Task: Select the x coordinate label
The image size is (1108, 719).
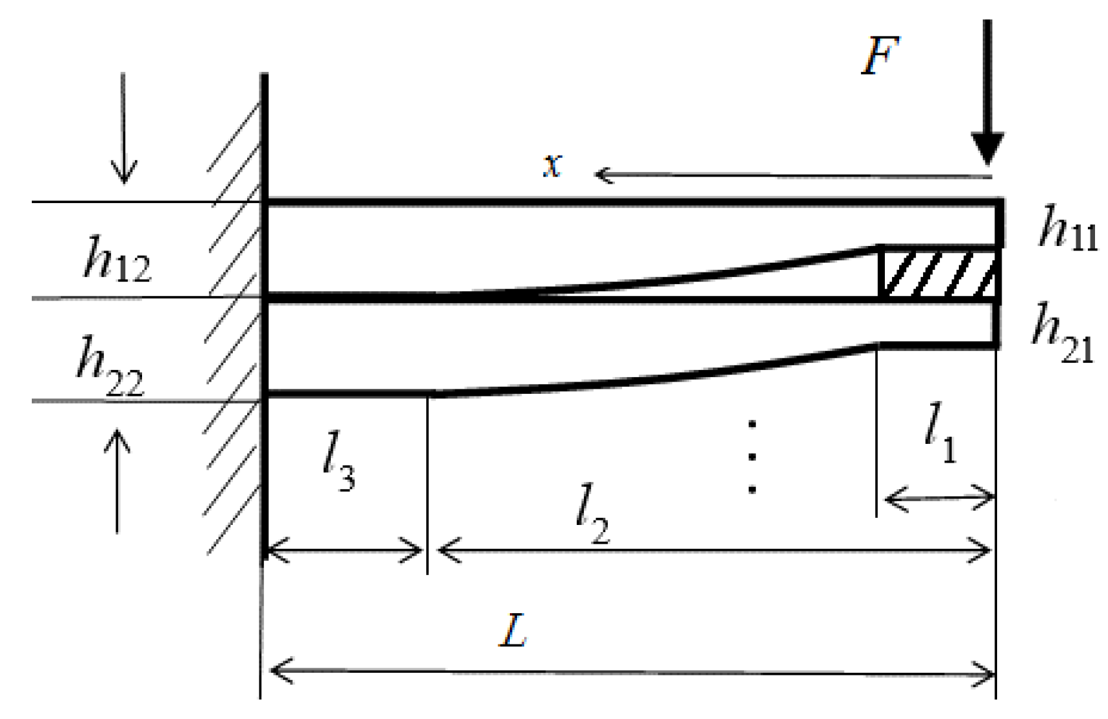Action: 552,165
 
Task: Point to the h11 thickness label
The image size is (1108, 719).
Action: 1068,230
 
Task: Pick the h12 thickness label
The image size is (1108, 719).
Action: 117,260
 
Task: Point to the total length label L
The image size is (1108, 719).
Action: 513,629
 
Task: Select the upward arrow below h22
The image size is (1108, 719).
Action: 117,480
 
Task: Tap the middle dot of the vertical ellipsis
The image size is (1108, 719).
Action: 752,457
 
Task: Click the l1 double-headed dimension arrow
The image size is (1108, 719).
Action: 939,499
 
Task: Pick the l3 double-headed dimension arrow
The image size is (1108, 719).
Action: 344,551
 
